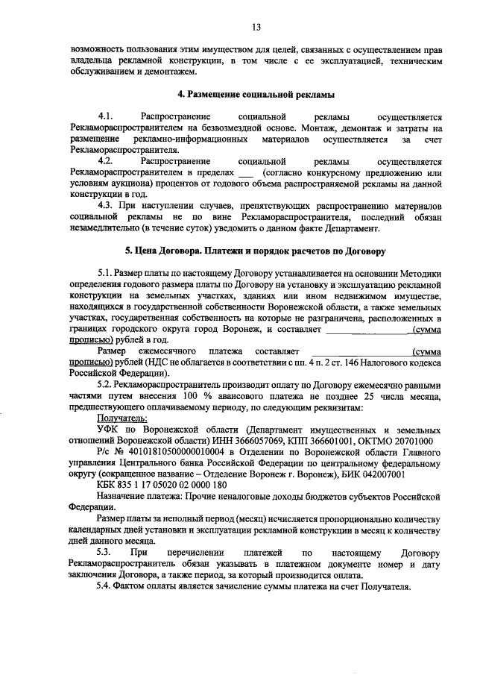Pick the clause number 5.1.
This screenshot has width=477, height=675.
[107, 273]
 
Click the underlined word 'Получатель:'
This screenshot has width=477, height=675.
[121, 420]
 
